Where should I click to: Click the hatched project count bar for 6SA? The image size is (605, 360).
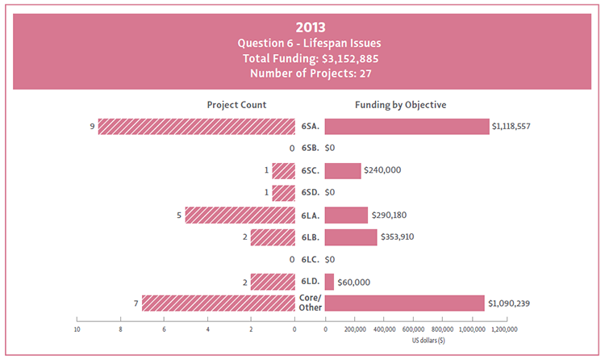(x=197, y=127)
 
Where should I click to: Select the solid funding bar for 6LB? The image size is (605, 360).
(x=350, y=237)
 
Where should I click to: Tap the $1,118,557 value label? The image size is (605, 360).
(x=511, y=127)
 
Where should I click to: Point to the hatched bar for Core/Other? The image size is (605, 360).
(x=219, y=303)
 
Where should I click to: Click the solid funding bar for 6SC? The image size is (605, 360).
(x=343, y=171)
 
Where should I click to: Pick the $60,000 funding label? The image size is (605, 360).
(x=353, y=282)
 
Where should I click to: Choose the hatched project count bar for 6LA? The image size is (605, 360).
(x=240, y=216)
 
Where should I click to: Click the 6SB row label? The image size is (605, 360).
(x=310, y=149)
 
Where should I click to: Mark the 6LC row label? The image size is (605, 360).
(x=310, y=260)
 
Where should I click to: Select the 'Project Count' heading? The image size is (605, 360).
(x=236, y=105)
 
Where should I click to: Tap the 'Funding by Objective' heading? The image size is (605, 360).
(x=401, y=105)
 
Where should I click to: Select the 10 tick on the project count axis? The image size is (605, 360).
(x=77, y=329)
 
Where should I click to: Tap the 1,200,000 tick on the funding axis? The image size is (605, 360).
(x=501, y=329)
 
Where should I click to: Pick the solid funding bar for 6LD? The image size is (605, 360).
(x=329, y=282)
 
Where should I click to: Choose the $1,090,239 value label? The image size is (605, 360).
(x=508, y=303)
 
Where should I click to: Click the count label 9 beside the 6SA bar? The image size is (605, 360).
(x=93, y=127)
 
